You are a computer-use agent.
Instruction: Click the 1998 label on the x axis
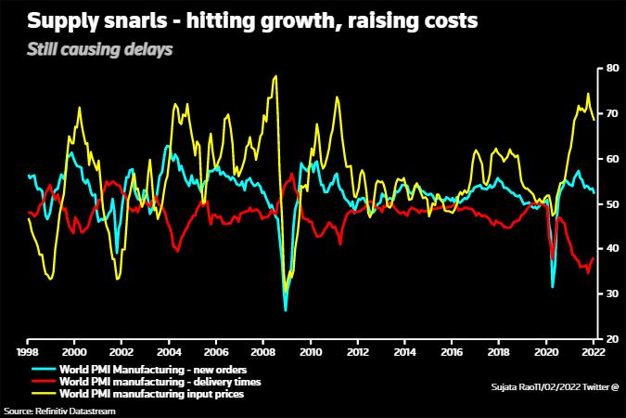click(28, 353)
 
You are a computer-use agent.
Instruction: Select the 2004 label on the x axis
click(169, 353)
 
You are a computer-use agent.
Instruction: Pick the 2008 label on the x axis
click(263, 353)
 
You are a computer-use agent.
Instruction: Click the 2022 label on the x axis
click(594, 353)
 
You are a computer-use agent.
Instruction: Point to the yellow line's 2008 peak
click(275, 76)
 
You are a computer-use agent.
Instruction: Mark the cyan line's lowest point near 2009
click(286, 309)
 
